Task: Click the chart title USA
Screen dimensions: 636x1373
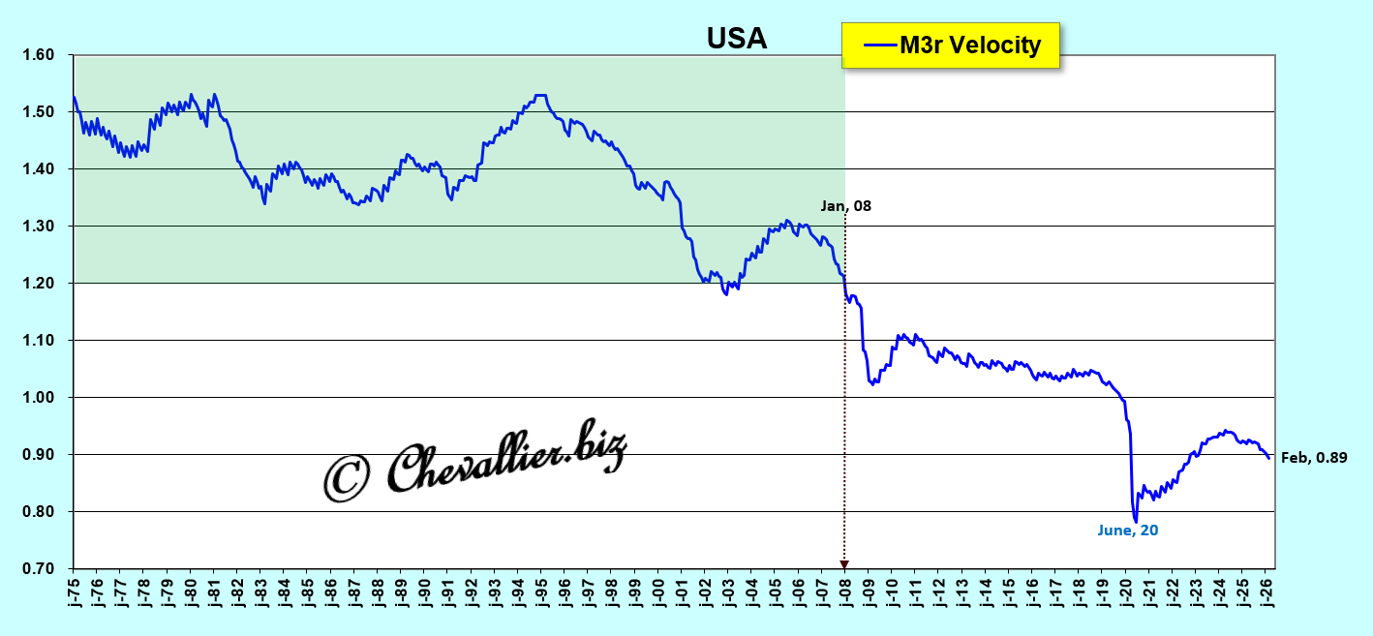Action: click(x=736, y=38)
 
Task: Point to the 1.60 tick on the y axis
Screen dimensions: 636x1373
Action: click(x=39, y=55)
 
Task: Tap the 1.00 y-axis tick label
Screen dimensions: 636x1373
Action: click(x=39, y=398)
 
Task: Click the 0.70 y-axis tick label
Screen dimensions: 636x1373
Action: click(x=39, y=569)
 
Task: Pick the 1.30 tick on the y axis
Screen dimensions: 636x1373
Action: click(x=39, y=227)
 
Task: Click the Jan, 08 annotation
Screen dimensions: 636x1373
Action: click(x=845, y=205)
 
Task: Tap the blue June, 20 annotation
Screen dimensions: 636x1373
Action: click(x=1128, y=530)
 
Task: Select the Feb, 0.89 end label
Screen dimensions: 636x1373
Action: click(x=1314, y=458)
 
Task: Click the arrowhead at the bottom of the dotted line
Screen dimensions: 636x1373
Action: click(x=844, y=564)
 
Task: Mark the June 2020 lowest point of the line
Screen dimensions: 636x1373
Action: click(x=1135, y=522)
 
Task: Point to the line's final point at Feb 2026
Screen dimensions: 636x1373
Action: click(x=1269, y=458)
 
